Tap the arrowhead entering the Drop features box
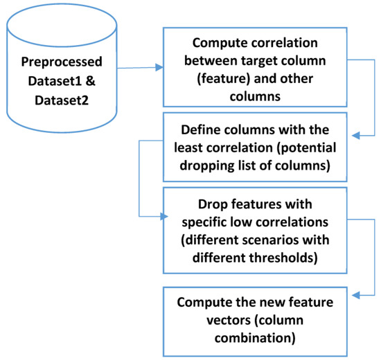(x=166, y=215)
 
